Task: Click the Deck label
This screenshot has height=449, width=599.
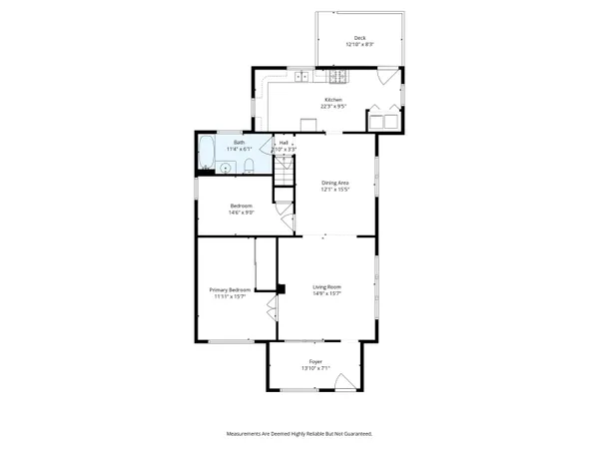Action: pyautogui.click(x=359, y=38)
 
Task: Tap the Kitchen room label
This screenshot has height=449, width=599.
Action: pyautogui.click(x=331, y=99)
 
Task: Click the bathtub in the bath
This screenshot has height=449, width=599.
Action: pyautogui.click(x=207, y=155)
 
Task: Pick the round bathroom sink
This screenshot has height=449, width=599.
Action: pyautogui.click(x=227, y=168)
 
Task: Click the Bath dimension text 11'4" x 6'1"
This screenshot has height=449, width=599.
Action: pyautogui.click(x=239, y=149)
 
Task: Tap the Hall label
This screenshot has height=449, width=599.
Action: pyautogui.click(x=284, y=143)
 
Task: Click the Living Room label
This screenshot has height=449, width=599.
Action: pyautogui.click(x=327, y=287)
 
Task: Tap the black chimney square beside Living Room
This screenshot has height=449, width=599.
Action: pyautogui.click(x=282, y=290)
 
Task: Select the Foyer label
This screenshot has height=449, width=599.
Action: pyautogui.click(x=315, y=363)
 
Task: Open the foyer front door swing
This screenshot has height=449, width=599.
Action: pyautogui.click(x=342, y=383)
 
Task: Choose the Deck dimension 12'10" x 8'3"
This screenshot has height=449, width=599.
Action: pyautogui.click(x=359, y=45)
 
